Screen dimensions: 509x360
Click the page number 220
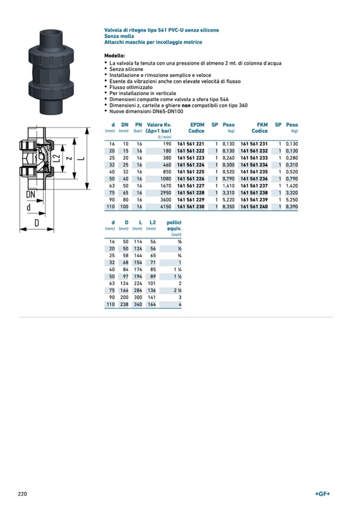(22, 494)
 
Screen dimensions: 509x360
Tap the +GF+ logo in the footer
(322, 494)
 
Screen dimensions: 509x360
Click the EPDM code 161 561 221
(191, 144)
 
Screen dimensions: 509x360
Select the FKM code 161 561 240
(254, 206)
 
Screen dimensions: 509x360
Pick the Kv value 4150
(165, 206)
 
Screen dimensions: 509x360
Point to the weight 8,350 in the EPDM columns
(228, 206)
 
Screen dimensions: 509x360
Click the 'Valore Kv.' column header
(159, 125)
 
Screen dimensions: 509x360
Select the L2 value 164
(151, 305)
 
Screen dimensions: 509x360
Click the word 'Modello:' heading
(115, 56)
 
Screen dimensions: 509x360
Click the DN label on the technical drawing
(31, 195)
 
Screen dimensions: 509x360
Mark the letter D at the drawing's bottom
(37, 223)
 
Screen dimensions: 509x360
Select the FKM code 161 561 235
(254, 172)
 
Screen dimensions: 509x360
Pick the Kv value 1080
(165, 179)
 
